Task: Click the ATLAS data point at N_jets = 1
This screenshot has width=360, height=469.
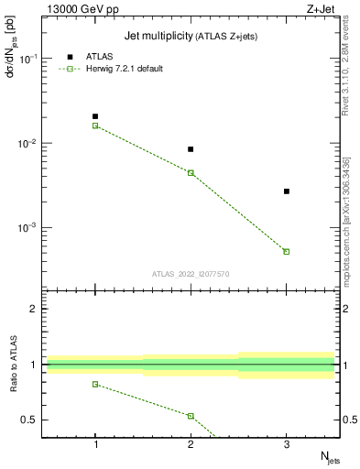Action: [95, 116]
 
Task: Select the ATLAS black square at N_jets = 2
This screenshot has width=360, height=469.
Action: [191, 149]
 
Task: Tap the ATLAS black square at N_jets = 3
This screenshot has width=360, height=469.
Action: [287, 191]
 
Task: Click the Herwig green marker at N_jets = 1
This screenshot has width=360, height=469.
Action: [95, 125]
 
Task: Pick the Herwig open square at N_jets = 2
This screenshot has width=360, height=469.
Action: [191, 172]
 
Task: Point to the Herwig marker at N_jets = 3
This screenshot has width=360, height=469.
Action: [287, 251]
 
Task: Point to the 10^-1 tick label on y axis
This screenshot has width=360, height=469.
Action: [31, 59]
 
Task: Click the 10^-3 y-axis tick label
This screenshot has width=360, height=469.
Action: [31, 228]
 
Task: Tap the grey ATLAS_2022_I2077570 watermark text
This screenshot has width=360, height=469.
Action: [191, 273]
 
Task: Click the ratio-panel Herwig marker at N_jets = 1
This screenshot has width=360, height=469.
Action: [95, 384]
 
